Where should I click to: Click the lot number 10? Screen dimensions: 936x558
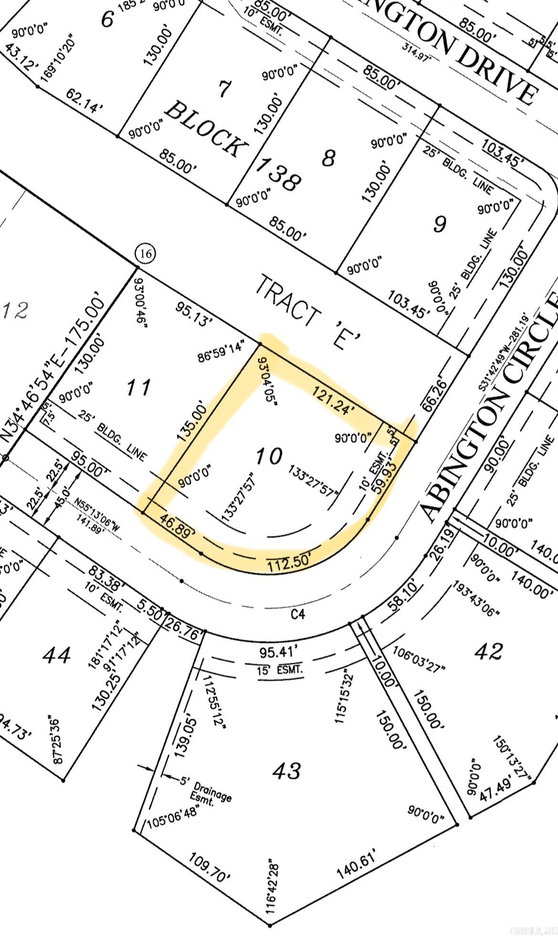[269, 457]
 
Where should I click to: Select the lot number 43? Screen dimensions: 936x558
[288, 770]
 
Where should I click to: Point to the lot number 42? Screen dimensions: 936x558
[489, 651]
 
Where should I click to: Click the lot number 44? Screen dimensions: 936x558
[57, 655]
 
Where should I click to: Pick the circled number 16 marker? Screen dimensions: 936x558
[145, 253]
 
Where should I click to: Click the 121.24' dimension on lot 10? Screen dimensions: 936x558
[334, 400]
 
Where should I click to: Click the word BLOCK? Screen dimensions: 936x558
[207, 128]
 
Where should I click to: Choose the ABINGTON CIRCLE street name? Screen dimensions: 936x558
[491, 406]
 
